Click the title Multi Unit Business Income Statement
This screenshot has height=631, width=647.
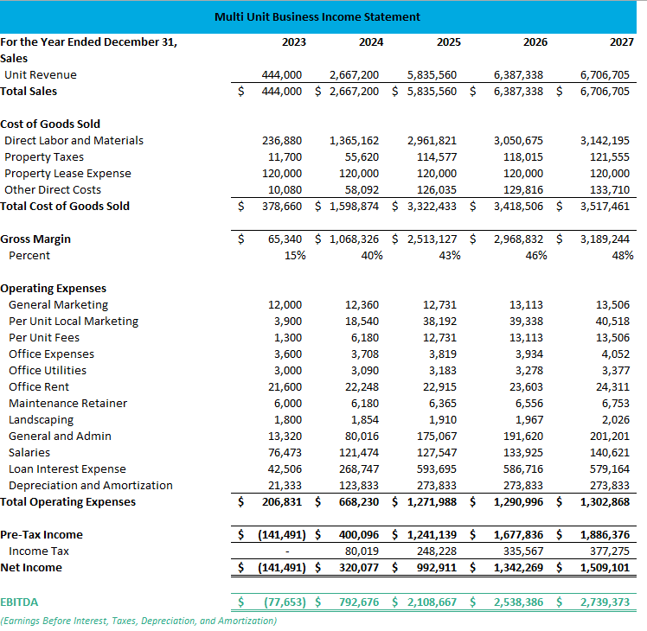pos(317,16)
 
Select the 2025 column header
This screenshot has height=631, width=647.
pos(448,41)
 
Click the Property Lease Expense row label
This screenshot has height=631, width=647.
pos(67,173)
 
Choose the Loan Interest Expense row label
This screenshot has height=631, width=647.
pos(67,468)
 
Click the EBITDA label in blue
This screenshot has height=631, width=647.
pos(19,601)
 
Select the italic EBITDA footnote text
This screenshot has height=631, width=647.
pos(138,621)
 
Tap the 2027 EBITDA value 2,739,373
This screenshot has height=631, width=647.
pos(605,601)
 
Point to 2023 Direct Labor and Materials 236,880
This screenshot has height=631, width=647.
pos(282,140)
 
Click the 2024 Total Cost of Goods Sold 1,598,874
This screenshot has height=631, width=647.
pos(353,206)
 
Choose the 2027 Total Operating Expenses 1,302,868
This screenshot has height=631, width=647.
pos(605,501)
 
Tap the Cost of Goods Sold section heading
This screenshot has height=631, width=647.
pos(50,124)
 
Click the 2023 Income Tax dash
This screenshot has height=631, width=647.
pos(297,551)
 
